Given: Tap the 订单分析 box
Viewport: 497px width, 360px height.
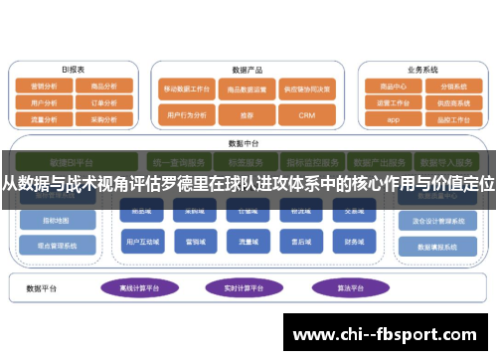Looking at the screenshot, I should tap(104, 102).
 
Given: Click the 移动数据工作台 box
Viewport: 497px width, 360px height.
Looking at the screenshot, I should tap(186, 88).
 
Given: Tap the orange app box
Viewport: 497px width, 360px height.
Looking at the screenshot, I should tap(393, 118).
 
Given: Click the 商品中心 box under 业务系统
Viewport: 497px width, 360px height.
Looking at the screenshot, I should tap(393, 87).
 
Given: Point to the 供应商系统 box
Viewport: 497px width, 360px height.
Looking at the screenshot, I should tap(453, 102).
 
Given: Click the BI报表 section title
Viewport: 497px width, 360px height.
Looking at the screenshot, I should tap(73, 70).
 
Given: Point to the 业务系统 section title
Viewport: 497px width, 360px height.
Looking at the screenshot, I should tap(422, 70).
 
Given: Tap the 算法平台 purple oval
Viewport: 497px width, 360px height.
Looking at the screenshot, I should tap(340, 287).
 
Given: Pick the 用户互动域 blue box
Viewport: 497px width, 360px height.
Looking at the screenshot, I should tap(139, 241).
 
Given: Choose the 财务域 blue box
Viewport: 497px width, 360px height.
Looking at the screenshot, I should tap(353, 241).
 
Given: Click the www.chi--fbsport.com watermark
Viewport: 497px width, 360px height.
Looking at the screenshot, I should tap(388, 333).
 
